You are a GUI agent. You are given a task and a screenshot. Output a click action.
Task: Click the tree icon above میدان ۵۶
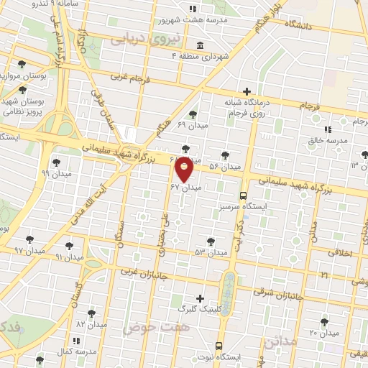tap(225, 155)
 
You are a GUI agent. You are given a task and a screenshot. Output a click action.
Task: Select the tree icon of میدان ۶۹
tap(192, 114)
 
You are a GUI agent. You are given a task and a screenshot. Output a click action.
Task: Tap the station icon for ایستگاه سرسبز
tap(243, 195)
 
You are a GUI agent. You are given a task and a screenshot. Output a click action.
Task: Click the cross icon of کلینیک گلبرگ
tap(200, 298)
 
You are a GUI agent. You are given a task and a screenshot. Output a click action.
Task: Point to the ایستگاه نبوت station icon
tap(219, 345)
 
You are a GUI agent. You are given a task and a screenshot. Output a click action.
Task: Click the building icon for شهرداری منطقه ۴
tap(199, 47)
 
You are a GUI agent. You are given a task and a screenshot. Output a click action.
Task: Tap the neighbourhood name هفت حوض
tap(149, 327)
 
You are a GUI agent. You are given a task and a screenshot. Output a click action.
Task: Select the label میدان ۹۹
tap(55, 174)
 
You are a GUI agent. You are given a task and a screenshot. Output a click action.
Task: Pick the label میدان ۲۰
tap(324, 333)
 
